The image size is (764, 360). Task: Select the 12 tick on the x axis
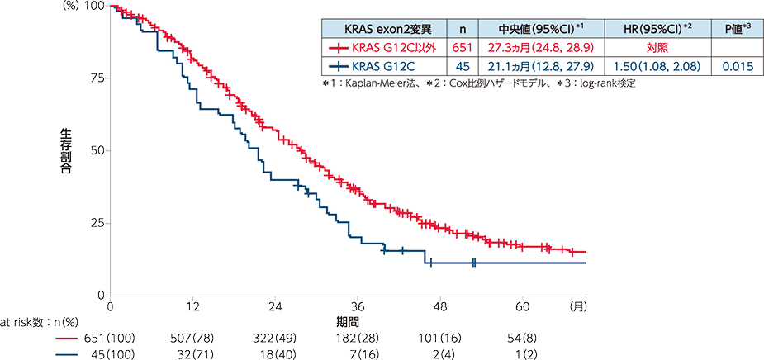tap(192, 304)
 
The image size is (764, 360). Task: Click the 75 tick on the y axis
tap(97, 78)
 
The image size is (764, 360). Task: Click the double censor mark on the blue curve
tap(474, 263)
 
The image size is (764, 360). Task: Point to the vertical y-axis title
tap(65, 150)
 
